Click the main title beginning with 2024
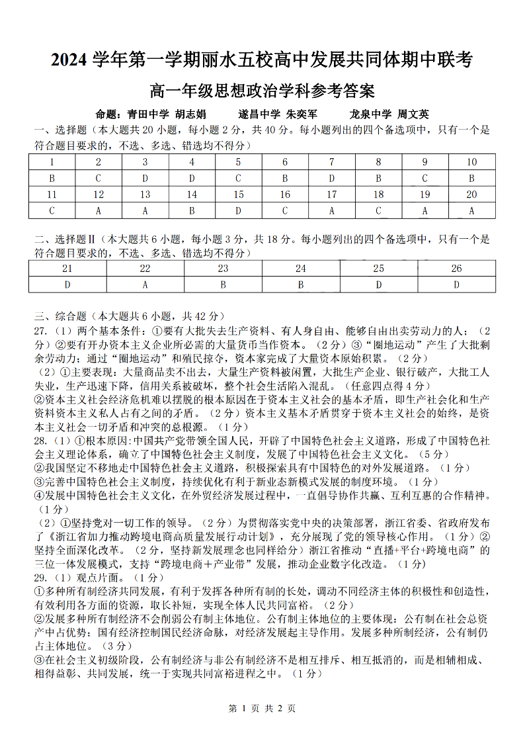coord(262,60)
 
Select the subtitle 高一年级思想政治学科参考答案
coord(262,90)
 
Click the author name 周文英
coord(413,114)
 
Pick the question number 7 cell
coord(332,162)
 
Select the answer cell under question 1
coord(52,178)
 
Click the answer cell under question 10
coord(471,178)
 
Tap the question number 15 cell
coord(239,195)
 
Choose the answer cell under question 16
coord(285,211)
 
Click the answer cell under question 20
coord(471,211)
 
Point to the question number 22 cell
coord(145,269)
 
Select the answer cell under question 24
coord(301,284)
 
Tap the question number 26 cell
coord(456,269)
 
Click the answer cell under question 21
coord(67,284)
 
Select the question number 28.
coord(41,441)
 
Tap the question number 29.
coord(41,577)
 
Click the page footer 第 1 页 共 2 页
coord(262,708)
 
